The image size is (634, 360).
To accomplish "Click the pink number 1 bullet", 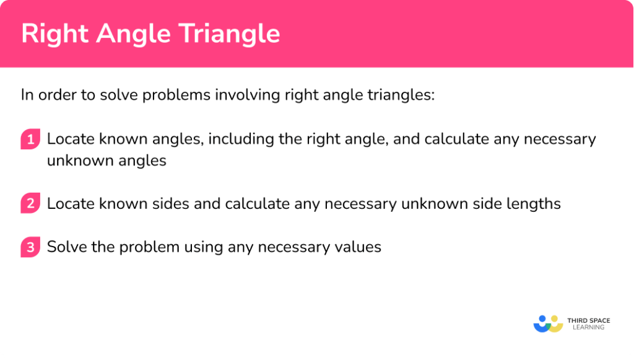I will pos(29,139).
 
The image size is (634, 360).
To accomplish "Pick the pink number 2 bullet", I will pos(29,204).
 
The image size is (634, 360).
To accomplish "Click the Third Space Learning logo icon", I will pos(548,323).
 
